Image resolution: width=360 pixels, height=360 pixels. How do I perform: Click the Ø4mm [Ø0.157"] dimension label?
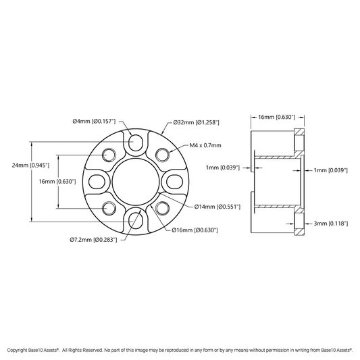[94, 121]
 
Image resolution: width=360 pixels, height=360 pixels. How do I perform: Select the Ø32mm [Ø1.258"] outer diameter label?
[197, 122]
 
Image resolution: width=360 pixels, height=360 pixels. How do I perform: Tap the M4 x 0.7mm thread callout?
[205, 145]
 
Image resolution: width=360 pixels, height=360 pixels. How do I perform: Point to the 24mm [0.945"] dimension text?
[30, 165]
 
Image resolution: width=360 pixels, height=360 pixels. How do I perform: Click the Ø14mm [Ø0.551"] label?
[217, 207]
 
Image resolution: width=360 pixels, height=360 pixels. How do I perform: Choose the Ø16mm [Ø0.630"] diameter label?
[195, 230]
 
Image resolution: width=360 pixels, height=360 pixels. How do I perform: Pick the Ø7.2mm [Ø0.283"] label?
[93, 240]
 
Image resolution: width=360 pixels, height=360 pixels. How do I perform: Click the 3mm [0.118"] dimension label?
[331, 224]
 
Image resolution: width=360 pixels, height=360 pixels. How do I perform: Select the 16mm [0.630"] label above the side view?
[276, 117]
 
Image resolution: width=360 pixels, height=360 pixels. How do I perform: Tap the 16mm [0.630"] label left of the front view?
[57, 182]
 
